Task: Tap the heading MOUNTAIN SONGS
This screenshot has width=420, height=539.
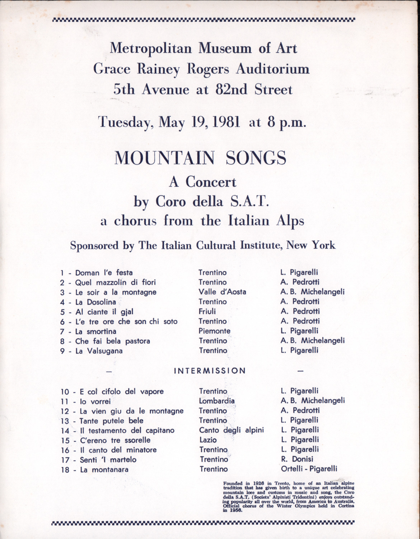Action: pyautogui.click(x=200, y=158)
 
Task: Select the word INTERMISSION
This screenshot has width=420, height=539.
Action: pyautogui.click(x=210, y=371)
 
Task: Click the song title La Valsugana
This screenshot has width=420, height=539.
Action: pyautogui.click(x=99, y=351)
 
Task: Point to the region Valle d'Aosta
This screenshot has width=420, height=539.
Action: pyautogui.click(x=222, y=292)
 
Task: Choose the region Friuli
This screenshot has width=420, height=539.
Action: pyautogui.click(x=207, y=312)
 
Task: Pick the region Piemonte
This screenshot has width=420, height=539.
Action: pyautogui.click(x=214, y=331)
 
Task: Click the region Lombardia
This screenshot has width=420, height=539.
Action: pyautogui.click(x=217, y=401)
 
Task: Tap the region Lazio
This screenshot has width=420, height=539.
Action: pyautogui.click(x=208, y=440)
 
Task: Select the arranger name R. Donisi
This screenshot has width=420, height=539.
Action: pyautogui.click(x=297, y=459)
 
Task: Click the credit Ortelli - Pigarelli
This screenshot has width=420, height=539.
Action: pyautogui.click(x=309, y=469)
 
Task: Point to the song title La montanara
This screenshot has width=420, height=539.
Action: pyautogui.click(x=104, y=469)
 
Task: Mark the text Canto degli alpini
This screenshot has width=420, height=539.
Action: pyautogui.click(x=232, y=430)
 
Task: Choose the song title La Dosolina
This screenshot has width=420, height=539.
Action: pyautogui.click(x=95, y=302)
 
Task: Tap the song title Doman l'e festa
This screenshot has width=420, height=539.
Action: pyautogui.click(x=104, y=273)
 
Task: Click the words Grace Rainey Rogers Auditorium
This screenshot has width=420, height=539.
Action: pyautogui.click(x=201, y=69)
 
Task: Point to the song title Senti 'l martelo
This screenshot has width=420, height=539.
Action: pyautogui.click(x=108, y=460)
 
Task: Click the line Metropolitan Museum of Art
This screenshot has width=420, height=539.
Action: pyautogui.click(x=204, y=48)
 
